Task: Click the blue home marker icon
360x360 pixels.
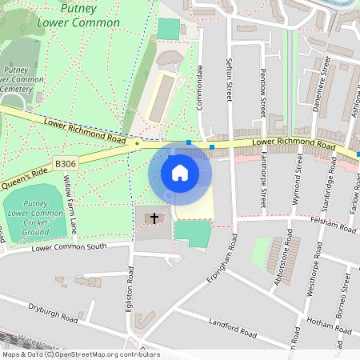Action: pos(180,172)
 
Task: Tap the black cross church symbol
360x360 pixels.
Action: pos(154,218)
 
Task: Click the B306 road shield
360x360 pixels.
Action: pos(66,164)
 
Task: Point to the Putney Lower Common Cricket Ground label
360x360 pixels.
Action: pos(35,218)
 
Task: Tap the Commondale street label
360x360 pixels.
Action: pos(200,88)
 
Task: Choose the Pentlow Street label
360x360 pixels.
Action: pos(262,93)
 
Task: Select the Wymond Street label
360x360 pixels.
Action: pos(298,185)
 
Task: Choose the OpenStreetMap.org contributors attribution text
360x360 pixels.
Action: pos(107,354)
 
